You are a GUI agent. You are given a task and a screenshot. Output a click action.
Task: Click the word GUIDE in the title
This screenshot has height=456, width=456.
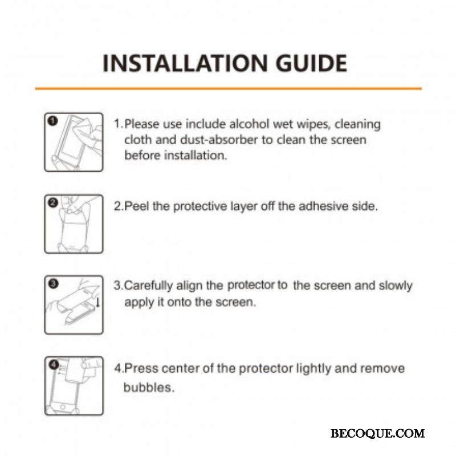click(311, 63)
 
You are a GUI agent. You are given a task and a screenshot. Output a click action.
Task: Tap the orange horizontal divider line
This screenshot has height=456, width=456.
click(229, 88)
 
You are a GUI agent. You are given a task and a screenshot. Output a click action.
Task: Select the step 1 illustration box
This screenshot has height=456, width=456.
click(74, 142)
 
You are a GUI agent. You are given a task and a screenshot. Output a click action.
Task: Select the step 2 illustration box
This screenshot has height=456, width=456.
click(74, 224)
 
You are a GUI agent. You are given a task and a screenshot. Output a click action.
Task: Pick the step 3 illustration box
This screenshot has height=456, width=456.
click(74, 305)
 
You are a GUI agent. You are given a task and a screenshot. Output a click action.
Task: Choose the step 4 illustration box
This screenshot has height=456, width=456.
click(74, 386)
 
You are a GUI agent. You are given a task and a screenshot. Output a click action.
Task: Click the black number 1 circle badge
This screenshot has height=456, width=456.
click(53, 121)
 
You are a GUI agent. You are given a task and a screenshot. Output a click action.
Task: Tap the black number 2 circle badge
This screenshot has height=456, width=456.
click(53, 202)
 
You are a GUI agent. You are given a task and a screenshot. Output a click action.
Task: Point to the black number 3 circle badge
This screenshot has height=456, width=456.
click(53, 283)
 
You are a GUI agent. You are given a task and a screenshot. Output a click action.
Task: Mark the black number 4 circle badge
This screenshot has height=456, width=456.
click(54, 364)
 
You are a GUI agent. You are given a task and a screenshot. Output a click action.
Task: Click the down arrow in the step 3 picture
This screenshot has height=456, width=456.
click(98, 302)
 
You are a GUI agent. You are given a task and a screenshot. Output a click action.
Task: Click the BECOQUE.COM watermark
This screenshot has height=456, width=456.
click(377, 434)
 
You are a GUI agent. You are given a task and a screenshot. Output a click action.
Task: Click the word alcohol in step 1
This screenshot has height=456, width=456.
click(249, 124)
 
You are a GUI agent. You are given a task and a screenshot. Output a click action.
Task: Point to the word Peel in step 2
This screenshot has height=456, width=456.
click(137, 206)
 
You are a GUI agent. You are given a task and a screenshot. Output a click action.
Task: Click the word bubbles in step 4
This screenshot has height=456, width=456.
click(149, 388)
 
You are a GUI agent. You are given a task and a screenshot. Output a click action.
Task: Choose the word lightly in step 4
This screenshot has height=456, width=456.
click(314, 369)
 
